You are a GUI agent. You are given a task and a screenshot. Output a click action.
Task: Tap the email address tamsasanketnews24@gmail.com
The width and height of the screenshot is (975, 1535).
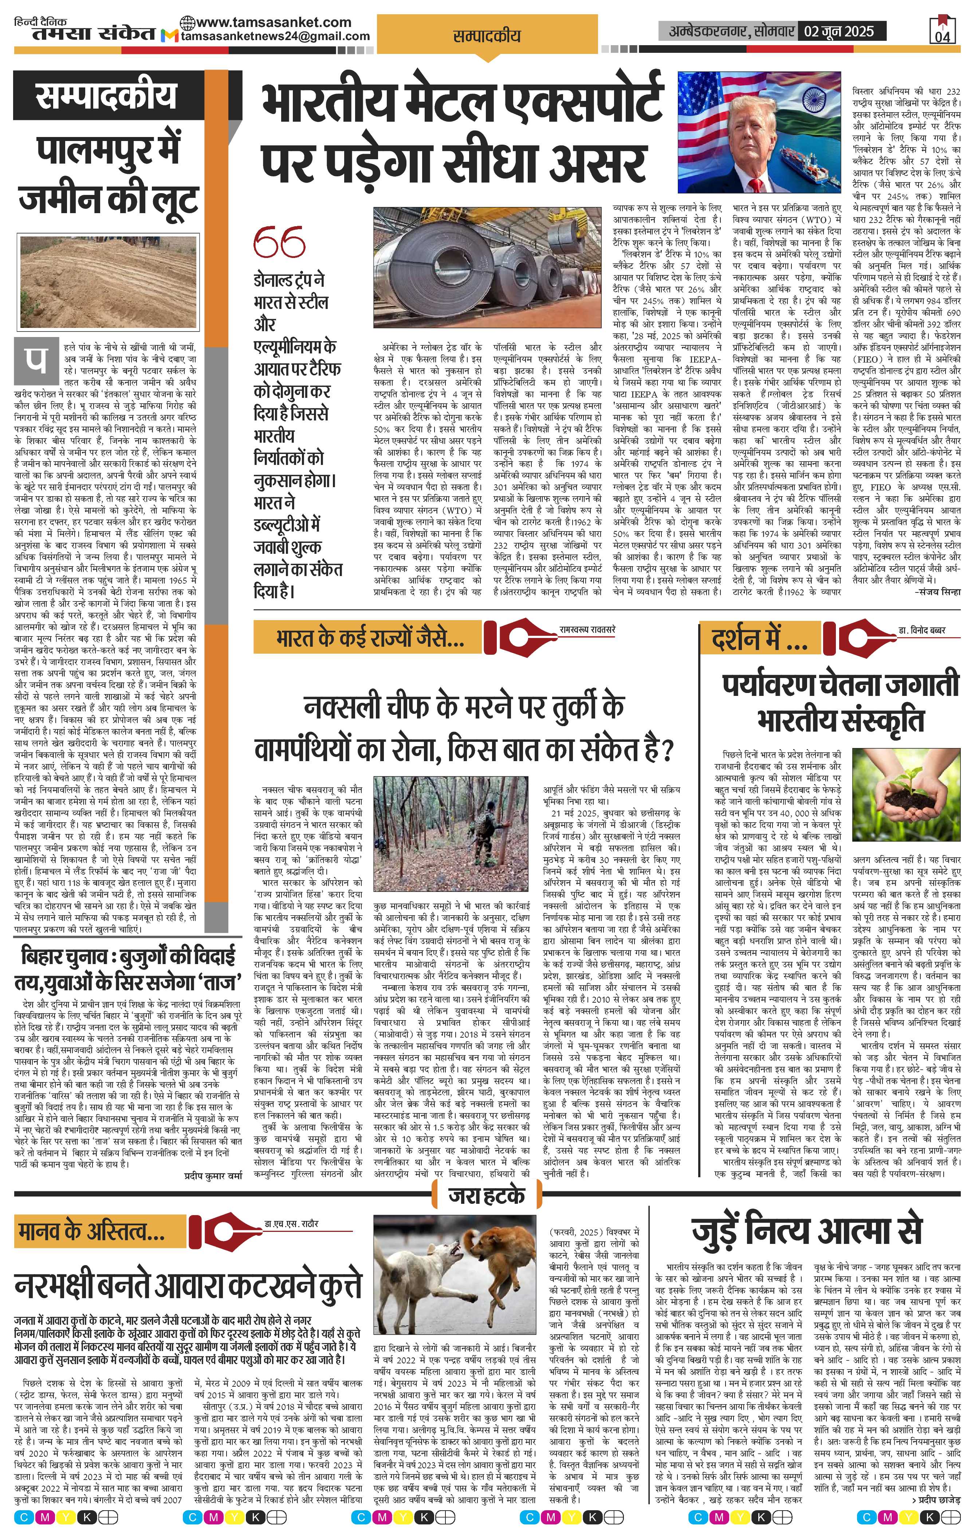275,37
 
